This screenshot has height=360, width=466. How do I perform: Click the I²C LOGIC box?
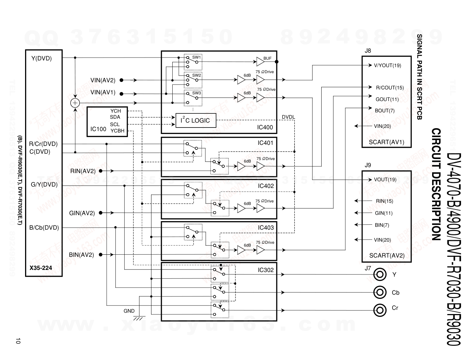(195, 120)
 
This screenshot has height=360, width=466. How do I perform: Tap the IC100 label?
(98, 129)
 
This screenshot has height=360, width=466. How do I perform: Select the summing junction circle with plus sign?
(75, 103)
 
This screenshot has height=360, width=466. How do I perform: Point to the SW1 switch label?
(196, 57)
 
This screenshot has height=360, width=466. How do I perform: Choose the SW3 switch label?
(197, 93)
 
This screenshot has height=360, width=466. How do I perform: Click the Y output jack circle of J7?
(380, 274)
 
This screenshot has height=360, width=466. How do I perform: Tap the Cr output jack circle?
(380, 311)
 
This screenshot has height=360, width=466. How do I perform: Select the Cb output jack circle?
(380, 292)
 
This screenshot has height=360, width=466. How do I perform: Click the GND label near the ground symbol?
(129, 311)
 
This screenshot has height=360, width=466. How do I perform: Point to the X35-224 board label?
(41, 268)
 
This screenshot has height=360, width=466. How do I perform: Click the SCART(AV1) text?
(387, 142)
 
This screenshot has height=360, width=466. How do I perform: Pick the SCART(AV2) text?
(387, 255)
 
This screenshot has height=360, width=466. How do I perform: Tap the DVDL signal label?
(288, 117)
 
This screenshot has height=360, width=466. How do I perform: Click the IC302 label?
(265, 270)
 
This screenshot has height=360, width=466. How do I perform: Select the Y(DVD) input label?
(41, 58)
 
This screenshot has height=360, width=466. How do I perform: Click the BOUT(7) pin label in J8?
(384, 111)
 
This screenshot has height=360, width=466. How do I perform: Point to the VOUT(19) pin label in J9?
(385, 179)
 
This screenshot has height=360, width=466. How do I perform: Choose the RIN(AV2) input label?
(83, 171)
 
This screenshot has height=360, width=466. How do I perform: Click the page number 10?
(18, 341)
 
